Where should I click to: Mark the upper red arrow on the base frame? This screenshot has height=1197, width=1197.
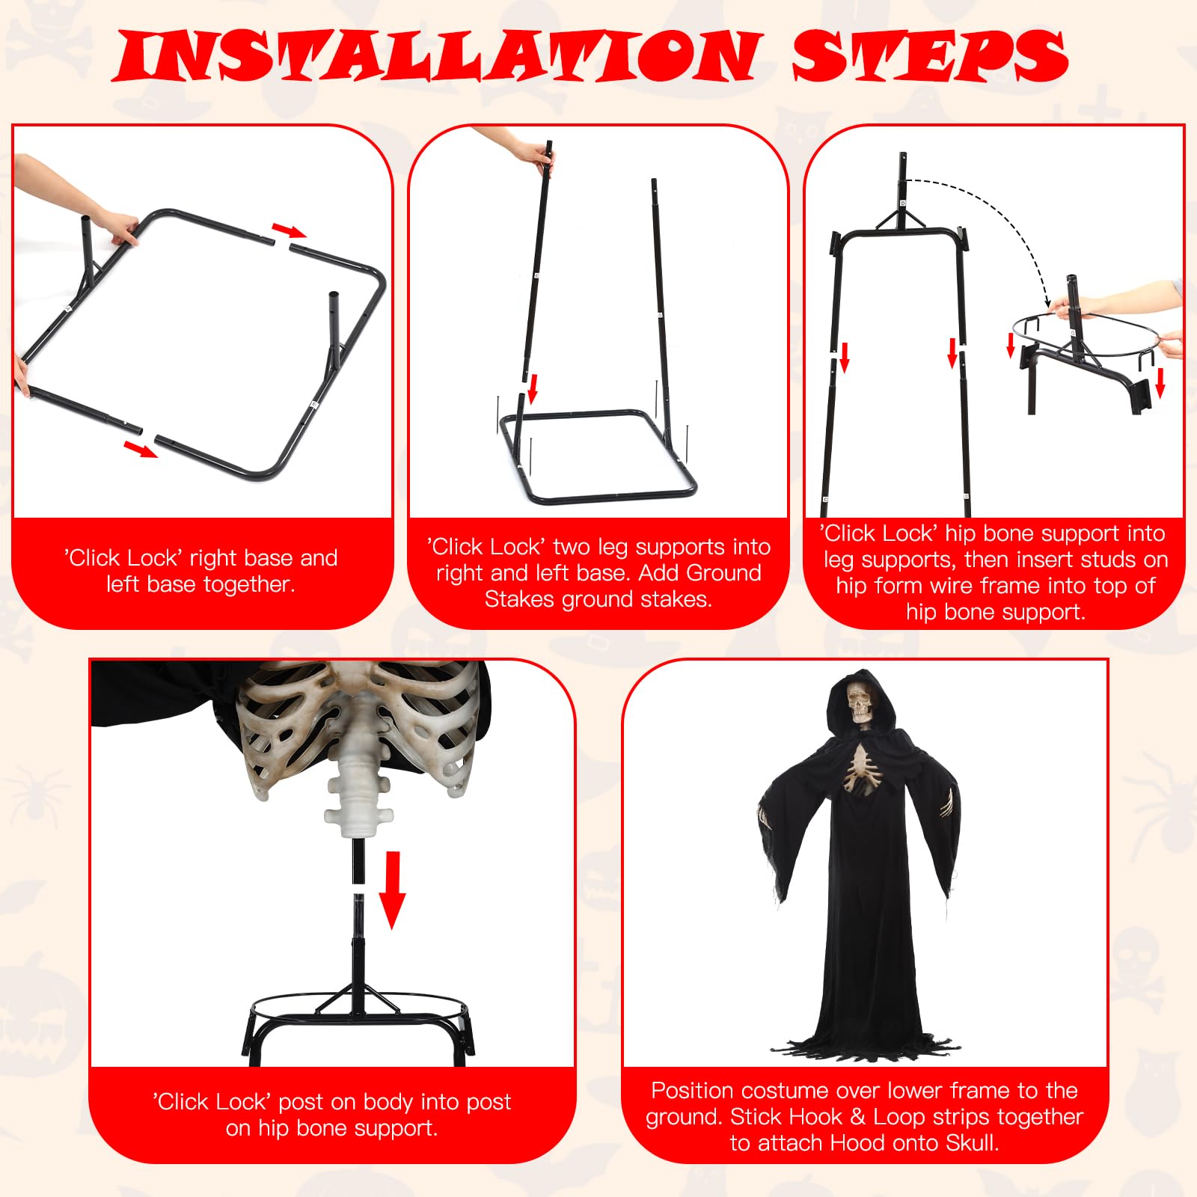point(289,230)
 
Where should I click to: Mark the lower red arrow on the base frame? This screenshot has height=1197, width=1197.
point(140,449)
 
